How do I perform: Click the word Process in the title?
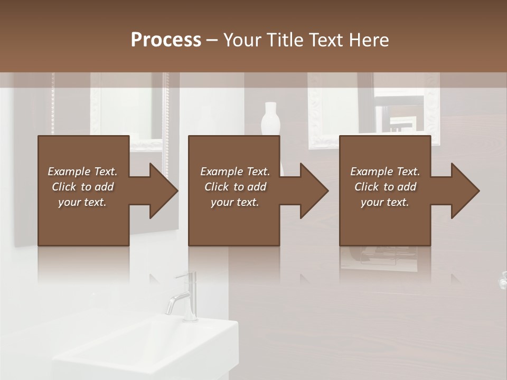coord(166,40)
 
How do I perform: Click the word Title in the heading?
coord(285,40)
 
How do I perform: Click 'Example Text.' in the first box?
coord(82,172)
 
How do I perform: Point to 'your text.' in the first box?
coord(82,202)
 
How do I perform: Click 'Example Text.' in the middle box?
coord(234,172)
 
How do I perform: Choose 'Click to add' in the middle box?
coord(234,187)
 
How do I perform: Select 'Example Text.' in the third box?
coord(385,172)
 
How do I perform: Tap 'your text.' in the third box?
coord(385,202)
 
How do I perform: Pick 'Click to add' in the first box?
coord(82,187)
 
